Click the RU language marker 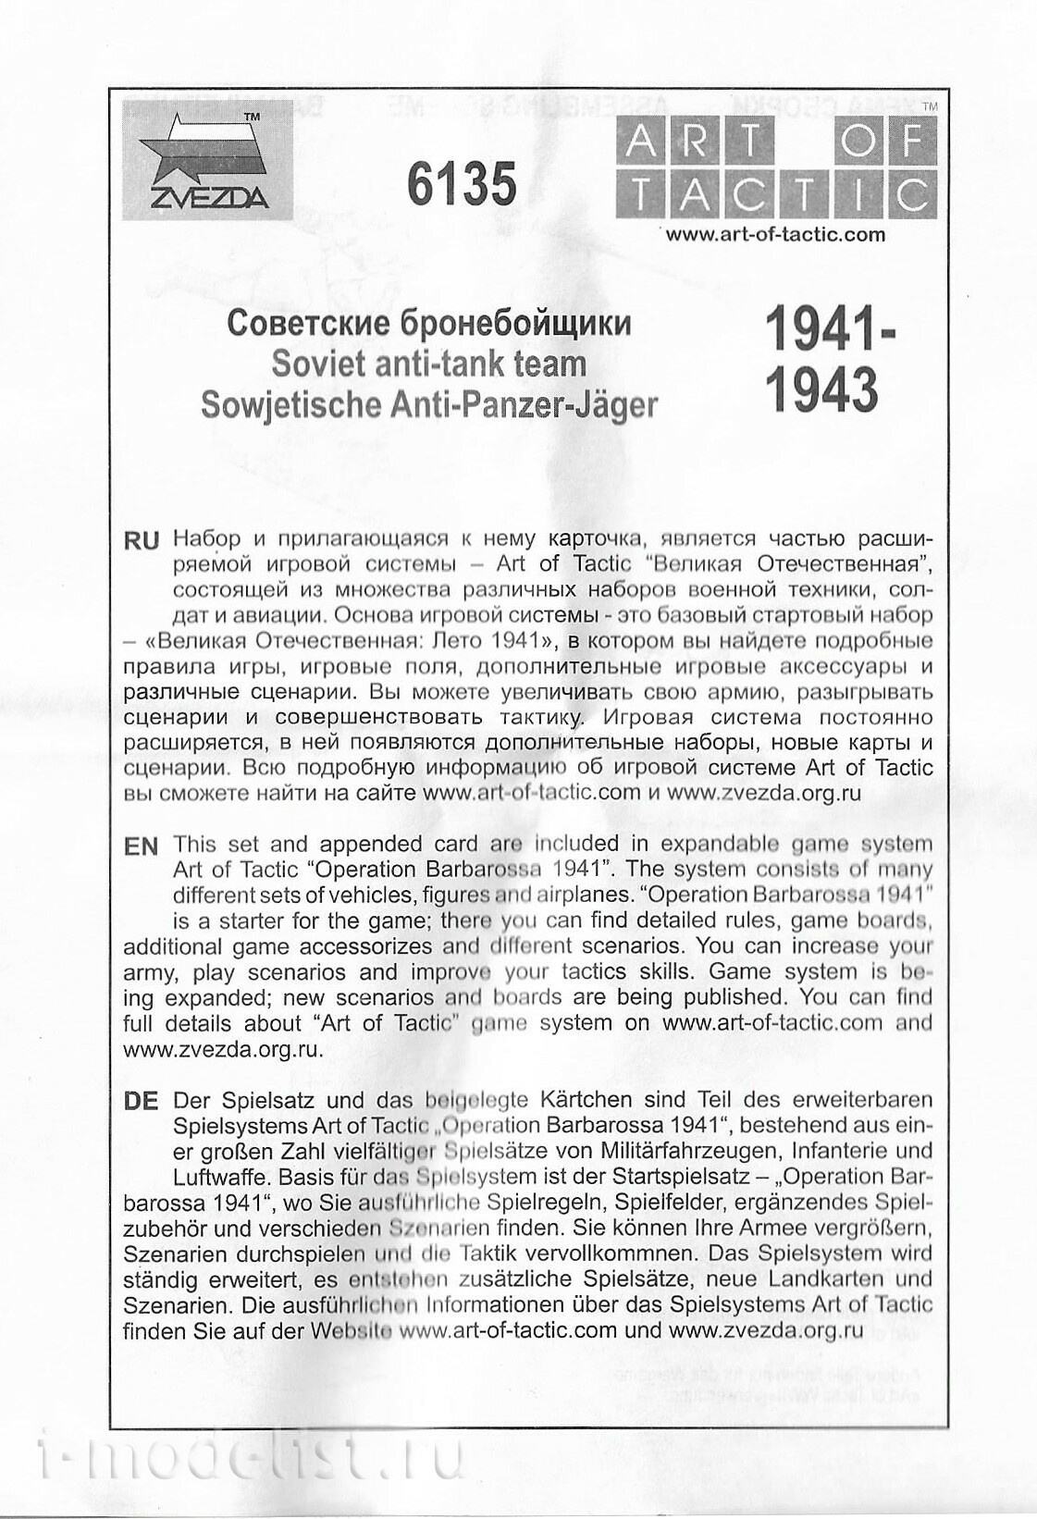[142, 542]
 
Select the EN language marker [141, 846]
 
